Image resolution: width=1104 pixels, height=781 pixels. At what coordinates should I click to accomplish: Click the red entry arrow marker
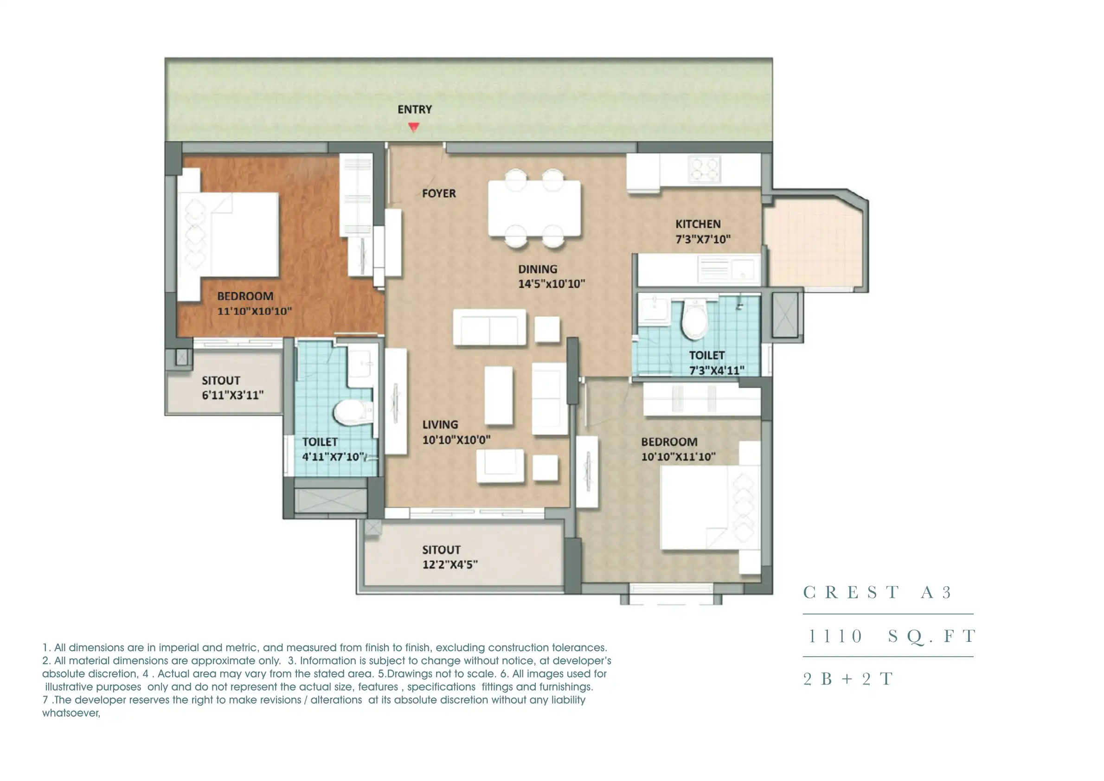point(414,127)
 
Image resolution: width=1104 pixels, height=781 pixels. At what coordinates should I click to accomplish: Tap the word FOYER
point(439,193)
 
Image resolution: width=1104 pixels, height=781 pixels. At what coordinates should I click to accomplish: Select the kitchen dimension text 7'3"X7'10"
point(703,239)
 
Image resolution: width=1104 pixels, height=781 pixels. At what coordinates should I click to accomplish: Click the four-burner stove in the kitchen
point(704,169)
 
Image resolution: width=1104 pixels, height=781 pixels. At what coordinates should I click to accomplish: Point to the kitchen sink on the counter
point(729,269)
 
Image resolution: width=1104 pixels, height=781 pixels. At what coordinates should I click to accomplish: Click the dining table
point(534,208)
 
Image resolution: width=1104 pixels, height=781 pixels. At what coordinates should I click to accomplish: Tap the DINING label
point(537,269)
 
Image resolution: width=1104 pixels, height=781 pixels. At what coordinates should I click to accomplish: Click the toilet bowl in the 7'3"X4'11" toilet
point(694,320)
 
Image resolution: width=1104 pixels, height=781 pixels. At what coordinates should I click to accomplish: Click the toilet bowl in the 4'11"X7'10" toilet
point(353,412)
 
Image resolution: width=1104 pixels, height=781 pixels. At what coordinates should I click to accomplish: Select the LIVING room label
point(440,425)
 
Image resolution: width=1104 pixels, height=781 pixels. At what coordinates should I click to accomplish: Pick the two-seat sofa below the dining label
point(489,327)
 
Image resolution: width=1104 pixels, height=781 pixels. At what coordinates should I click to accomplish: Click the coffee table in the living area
point(498,396)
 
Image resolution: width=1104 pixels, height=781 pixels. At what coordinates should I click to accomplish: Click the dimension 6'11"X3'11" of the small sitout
point(232,395)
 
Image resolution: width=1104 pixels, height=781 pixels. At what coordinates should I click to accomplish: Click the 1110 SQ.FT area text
point(892,636)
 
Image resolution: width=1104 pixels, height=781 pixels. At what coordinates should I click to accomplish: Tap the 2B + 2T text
point(847,679)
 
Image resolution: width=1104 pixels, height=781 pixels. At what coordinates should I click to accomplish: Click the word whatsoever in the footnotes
point(71,713)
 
